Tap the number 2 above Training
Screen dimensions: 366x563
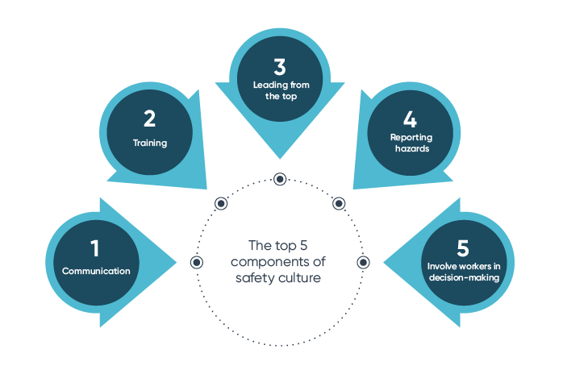coord(150,119)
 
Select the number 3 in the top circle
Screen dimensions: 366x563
coord(279,66)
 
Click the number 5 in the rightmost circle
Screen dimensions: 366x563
coord(463,248)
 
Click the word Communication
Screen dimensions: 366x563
coord(96,271)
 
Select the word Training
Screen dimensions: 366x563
coord(150,143)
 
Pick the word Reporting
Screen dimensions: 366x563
coord(411,138)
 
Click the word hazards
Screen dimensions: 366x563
coord(411,149)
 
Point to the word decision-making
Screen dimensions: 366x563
coord(464,278)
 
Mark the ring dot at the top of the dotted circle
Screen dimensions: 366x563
coord(279,179)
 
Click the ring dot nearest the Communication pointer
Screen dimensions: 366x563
coord(196,263)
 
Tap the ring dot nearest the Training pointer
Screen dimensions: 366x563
coord(220,203)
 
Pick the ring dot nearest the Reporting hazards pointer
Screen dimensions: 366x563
coord(339,203)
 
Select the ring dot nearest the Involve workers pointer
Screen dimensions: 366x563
coord(363,263)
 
